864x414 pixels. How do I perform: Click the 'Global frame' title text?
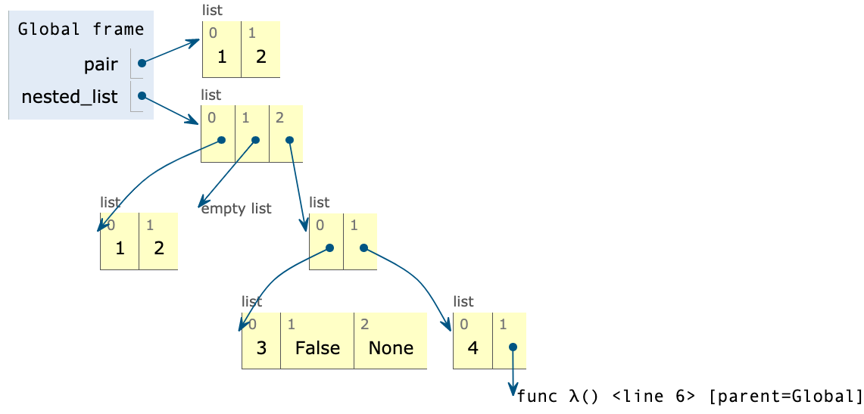point(81,30)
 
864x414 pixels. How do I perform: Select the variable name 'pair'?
point(101,64)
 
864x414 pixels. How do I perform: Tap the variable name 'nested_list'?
point(70,97)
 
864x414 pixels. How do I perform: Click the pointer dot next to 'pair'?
point(142,64)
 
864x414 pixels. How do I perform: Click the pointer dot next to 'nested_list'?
point(142,97)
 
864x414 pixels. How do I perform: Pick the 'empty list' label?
point(236,208)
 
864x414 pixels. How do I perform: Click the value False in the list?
point(317,348)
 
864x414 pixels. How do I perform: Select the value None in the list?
point(391,348)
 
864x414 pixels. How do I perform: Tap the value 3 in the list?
point(261,348)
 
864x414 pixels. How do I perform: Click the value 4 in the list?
point(473,347)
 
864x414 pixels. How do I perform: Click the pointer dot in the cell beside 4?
point(513,347)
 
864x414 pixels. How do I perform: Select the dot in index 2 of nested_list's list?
point(289,140)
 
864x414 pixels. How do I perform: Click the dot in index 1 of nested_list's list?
point(255,140)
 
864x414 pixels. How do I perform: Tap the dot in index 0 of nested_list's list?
point(221,140)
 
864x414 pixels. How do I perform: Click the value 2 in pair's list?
point(261,57)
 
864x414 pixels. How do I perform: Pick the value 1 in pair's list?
point(222,57)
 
